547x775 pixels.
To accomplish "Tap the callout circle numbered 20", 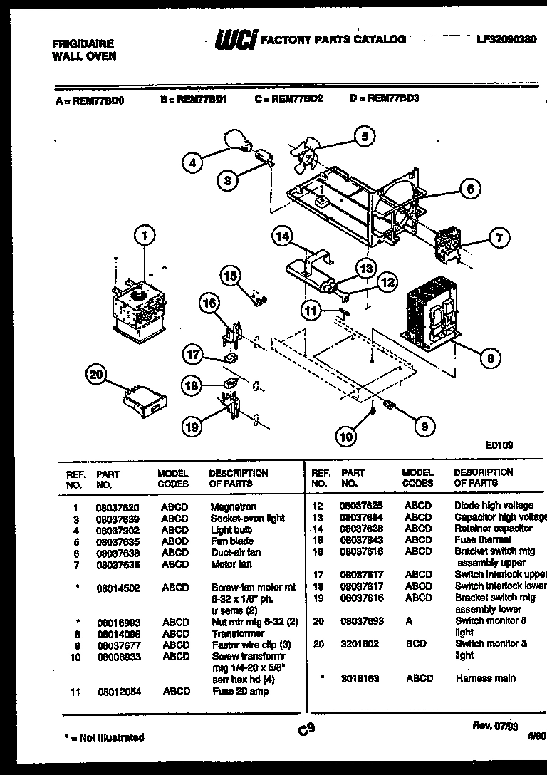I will (x=96, y=375).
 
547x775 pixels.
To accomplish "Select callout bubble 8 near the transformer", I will (x=489, y=358).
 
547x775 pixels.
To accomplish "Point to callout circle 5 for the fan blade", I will (x=364, y=136).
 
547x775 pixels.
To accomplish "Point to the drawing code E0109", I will (x=499, y=444).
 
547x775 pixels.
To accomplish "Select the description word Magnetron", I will (x=234, y=507).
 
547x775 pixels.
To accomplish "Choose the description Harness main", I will (x=485, y=678).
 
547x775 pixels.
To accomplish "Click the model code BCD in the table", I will (x=415, y=644).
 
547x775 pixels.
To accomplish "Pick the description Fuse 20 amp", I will (x=239, y=691).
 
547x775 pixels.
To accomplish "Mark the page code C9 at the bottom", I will (x=306, y=729).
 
